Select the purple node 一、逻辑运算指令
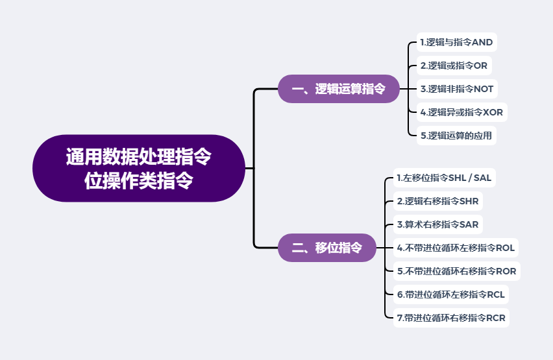click(x=338, y=89)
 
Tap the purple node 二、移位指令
click(x=326, y=247)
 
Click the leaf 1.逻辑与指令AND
click(x=456, y=43)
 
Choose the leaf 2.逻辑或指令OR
click(x=453, y=66)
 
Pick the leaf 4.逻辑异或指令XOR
click(x=461, y=112)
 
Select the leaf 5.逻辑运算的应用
click(x=456, y=136)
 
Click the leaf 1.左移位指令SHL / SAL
click(x=444, y=178)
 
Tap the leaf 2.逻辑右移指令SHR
click(x=437, y=201)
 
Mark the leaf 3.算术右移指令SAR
click(x=437, y=224)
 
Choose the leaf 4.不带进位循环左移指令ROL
click(x=455, y=248)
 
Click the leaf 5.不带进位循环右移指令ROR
click(x=456, y=271)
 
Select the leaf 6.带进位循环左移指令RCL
click(x=450, y=294)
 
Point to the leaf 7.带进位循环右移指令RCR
click(x=450, y=318)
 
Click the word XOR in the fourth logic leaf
click(x=493, y=112)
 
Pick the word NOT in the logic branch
click(x=484, y=89)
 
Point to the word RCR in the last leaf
click(x=495, y=318)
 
